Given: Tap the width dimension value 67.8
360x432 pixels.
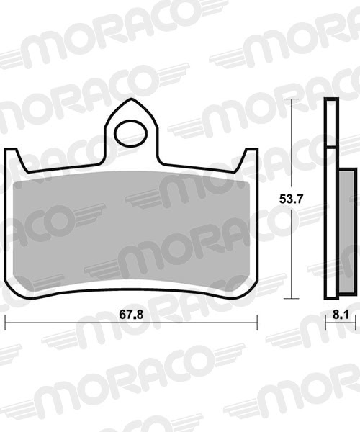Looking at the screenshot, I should pos(131,315).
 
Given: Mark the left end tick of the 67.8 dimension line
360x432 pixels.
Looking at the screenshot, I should pos(6,322).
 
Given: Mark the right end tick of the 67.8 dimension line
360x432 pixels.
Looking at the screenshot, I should pos(257,322).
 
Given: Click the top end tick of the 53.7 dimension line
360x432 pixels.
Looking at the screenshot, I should pos(291,99).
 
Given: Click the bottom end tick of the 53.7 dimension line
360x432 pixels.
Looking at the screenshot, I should pos(291,297).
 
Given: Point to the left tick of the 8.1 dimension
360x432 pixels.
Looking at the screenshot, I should pos(325,322).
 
